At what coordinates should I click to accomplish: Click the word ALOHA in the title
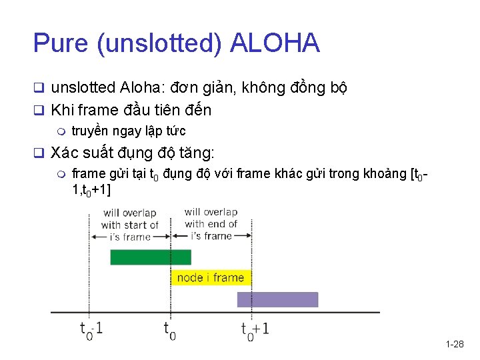[x=275, y=43]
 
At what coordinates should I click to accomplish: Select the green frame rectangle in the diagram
[x=150, y=257]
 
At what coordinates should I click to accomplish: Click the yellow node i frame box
[x=211, y=277]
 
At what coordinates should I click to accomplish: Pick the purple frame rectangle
[x=277, y=300]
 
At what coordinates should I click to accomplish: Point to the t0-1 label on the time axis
[x=92, y=329]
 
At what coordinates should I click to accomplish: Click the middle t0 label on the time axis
[x=169, y=329]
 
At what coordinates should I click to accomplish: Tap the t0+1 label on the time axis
[x=255, y=329]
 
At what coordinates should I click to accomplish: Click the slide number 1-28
[x=454, y=344]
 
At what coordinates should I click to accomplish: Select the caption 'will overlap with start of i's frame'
[x=129, y=225]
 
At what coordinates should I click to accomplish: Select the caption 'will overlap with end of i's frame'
[x=211, y=224]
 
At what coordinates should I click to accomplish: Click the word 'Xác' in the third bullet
[x=64, y=153]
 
